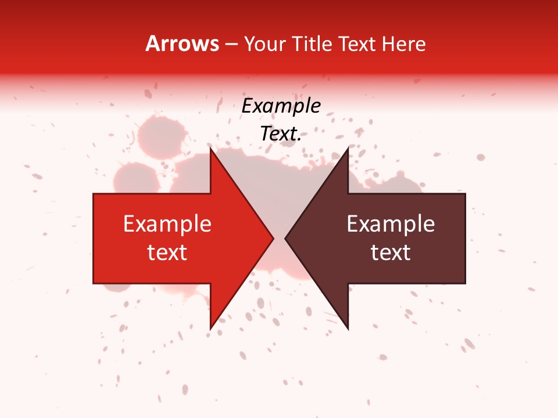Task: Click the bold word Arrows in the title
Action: pyautogui.click(x=182, y=44)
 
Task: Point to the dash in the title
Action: pyautogui.click(x=231, y=45)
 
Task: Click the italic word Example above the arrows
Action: pyautogui.click(x=281, y=106)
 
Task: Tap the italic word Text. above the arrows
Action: pyautogui.click(x=281, y=134)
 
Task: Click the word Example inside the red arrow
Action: pyautogui.click(x=167, y=224)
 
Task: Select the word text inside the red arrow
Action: pyautogui.click(x=167, y=253)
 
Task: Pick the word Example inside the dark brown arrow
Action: pyautogui.click(x=391, y=224)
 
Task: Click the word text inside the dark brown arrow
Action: pyautogui.click(x=391, y=253)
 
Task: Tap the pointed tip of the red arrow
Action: pyautogui.click(x=273, y=239)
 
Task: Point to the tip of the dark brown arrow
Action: pyautogui.click(x=285, y=239)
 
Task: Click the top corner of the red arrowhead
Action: pyautogui.click(x=210, y=149)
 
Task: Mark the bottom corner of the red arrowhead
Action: pyautogui.click(x=210, y=329)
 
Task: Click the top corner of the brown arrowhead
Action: pyautogui.click(x=348, y=149)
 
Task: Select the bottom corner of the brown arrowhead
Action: pyautogui.click(x=348, y=329)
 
